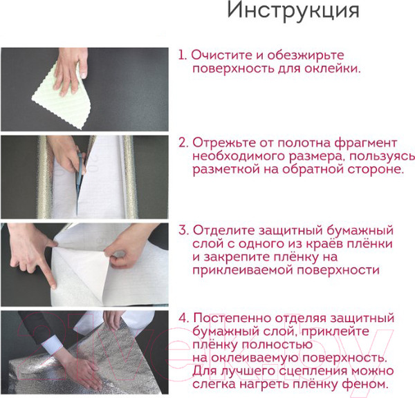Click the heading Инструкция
[293, 12]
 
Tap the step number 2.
[183, 143]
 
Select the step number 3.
[183, 230]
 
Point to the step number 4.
[183, 319]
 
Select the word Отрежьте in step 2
[222, 143]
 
